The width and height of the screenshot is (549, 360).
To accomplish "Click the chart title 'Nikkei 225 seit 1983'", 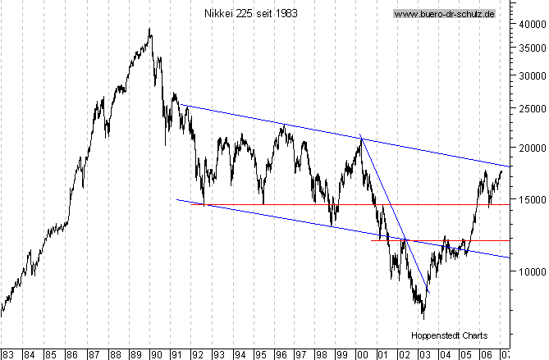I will click(250, 13).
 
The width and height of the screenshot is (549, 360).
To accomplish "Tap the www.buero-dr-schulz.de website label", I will click(443, 14).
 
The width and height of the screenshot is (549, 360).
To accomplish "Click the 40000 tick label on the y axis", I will click(529, 24).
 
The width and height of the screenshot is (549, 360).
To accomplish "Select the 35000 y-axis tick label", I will click(529, 48).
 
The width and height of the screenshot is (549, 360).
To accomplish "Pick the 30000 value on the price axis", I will click(529, 75).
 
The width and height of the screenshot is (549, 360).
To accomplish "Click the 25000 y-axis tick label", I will click(529, 107).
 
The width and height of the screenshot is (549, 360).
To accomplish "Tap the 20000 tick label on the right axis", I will click(529, 148).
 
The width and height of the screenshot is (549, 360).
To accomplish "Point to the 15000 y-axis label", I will click(529, 199).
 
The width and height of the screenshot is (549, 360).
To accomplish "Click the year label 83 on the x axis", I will click(9, 354).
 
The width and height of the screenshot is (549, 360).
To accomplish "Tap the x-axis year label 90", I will click(156, 354).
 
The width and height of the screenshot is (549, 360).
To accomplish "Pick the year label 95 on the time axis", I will click(259, 354).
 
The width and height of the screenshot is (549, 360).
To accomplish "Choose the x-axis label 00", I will click(362, 354).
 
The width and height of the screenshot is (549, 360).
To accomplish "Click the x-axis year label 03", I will click(424, 354).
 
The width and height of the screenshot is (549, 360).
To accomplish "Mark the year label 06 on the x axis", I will click(486, 354).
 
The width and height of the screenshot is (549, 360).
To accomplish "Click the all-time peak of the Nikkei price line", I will click(149, 29).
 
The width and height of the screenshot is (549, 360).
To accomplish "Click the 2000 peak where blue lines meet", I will click(361, 137).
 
